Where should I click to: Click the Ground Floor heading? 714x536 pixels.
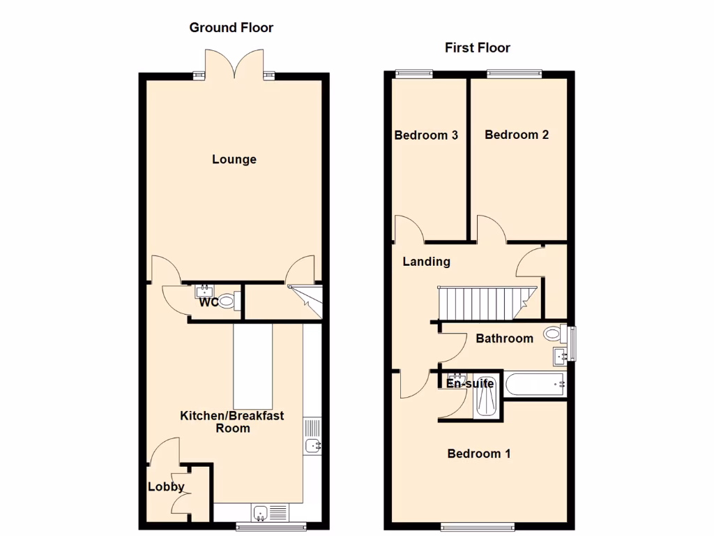pos(231,28)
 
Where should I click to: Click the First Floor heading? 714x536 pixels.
pos(478,47)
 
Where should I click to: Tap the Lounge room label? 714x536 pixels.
pos(234,159)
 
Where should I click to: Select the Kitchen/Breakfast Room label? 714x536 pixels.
pos(232,422)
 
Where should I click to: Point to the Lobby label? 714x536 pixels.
pos(166,487)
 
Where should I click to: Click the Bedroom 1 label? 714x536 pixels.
pos(479,454)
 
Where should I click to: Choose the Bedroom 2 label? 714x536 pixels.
pos(517,135)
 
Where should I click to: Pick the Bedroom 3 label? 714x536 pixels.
pos(426,135)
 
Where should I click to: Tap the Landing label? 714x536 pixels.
pos(427,262)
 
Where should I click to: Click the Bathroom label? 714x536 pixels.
pos(504,338)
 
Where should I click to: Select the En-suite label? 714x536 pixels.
pos(470,383)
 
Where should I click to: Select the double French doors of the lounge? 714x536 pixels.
pos(234,64)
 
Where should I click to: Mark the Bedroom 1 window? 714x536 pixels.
pos(478,526)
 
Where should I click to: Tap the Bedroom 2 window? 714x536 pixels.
pos(514,71)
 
